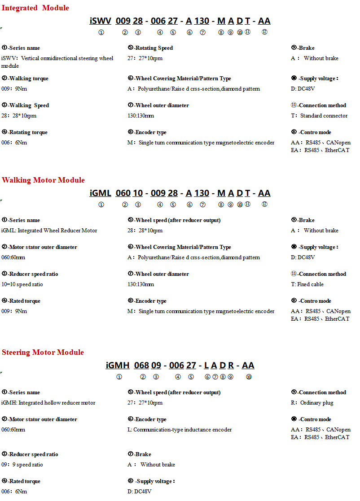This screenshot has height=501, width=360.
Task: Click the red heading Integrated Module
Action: point(35,8)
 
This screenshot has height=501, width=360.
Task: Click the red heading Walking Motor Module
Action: point(43,180)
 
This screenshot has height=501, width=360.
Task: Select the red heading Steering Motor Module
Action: point(43,352)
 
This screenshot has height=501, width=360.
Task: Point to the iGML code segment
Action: point(101,193)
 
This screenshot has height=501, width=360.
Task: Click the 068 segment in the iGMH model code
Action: point(141,365)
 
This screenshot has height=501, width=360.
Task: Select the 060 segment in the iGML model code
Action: point(123,193)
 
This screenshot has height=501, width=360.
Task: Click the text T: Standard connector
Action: point(319,116)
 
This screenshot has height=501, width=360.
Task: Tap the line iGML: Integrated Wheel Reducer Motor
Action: point(49,231)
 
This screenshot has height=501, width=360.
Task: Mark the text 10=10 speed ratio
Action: point(22,284)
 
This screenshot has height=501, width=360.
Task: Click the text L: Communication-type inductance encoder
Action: point(180,430)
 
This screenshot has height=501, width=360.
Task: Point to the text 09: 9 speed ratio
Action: point(22,465)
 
